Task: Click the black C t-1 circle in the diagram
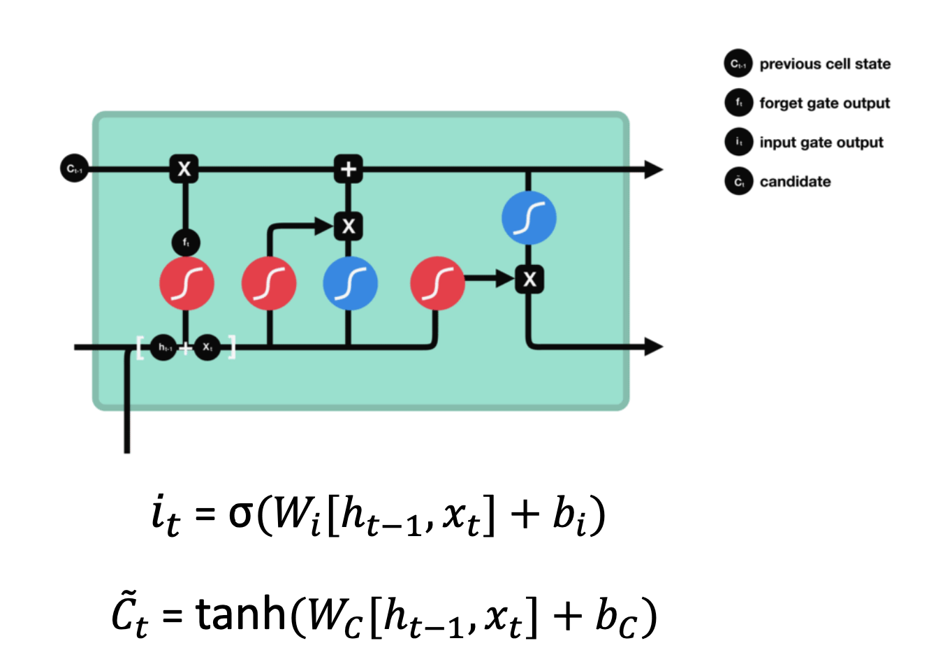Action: coord(74,168)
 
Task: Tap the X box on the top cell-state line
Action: coord(184,168)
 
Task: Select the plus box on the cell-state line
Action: coord(348,168)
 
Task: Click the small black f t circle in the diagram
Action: coord(186,243)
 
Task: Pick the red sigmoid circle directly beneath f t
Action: coord(186,283)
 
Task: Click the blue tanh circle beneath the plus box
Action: coord(350,283)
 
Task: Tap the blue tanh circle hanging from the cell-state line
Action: coord(529,217)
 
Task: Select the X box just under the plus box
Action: coord(348,226)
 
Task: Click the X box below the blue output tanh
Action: coord(529,280)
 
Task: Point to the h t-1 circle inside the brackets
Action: coord(164,347)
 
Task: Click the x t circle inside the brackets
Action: coord(207,347)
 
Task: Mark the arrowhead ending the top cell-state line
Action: coord(652,168)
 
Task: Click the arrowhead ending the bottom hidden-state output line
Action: coord(652,346)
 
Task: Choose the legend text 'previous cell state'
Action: coord(825,64)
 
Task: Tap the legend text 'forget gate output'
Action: coord(824,103)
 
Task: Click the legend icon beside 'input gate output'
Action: coord(738,142)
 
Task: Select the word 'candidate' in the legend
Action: coord(795,182)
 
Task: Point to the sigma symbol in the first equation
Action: coord(241,515)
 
